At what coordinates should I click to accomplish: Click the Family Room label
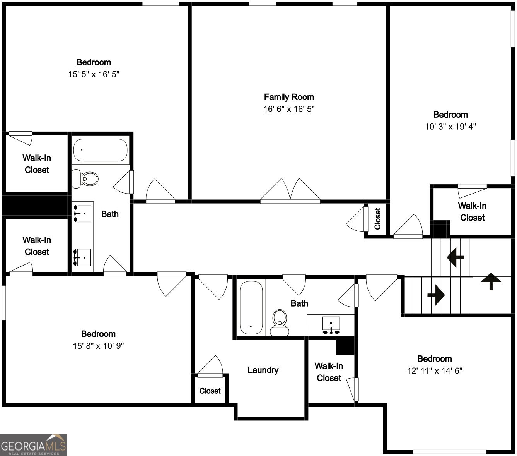tap(289, 97)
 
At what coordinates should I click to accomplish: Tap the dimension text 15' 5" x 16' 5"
tap(94, 74)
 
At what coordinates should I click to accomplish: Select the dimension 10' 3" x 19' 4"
tap(450, 127)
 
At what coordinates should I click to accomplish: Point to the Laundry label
tap(263, 370)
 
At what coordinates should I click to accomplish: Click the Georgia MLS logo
tap(34, 445)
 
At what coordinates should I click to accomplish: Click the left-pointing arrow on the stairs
tap(456, 256)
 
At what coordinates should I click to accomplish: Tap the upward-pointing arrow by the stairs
tap(491, 281)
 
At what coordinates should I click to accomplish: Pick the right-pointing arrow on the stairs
tap(436, 295)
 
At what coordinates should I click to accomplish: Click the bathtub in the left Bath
tap(101, 150)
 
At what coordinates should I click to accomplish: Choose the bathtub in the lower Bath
tap(251, 308)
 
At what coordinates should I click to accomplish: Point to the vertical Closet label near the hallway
tap(378, 219)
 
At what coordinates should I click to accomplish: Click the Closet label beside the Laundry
tap(210, 391)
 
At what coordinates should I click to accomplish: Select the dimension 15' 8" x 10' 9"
tap(98, 346)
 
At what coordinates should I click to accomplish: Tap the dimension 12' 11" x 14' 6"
tap(435, 371)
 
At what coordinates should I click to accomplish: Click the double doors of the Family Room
tap(290, 191)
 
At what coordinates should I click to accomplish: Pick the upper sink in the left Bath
tap(82, 213)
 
